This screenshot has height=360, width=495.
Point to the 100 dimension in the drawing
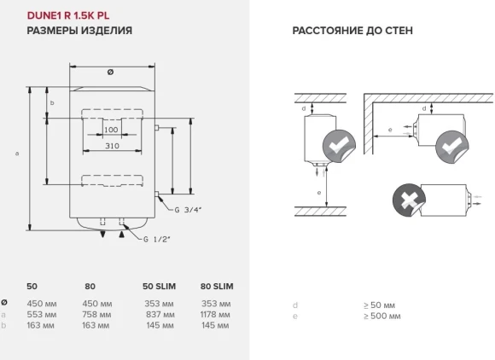[111, 131]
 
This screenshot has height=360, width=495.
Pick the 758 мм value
[98, 313]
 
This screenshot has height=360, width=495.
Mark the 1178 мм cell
[217, 313]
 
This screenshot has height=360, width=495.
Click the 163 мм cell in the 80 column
[98, 324]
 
